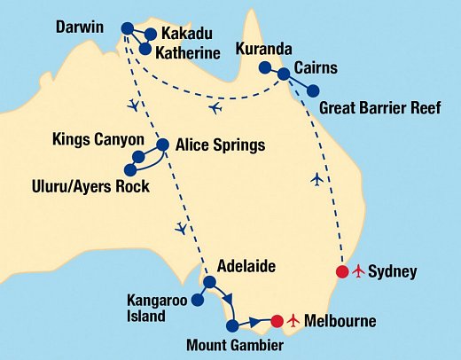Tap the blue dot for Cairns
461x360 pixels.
(284, 74)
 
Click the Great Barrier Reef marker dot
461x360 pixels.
(313, 90)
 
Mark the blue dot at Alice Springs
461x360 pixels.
(162, 145)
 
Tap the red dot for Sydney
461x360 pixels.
(342, 271)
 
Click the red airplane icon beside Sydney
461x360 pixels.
(359, 270)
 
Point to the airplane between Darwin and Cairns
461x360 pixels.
(215, 108)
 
